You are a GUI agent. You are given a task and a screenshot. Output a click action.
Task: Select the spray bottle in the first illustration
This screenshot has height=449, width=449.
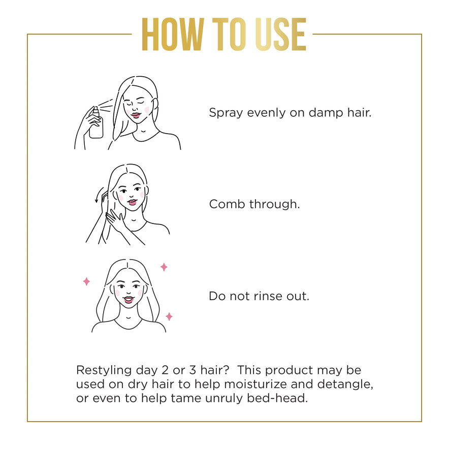[x=95, y=122]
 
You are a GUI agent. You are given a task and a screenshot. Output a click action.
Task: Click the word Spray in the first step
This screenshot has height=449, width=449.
[x=226, y=113]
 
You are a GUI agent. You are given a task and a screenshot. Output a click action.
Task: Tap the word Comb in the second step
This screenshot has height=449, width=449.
[x=227, y=204]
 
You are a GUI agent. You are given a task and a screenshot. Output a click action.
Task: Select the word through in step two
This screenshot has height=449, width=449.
[x=274, y=205]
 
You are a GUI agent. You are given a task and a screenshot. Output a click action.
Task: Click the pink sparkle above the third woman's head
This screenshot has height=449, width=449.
[x=164, y=267]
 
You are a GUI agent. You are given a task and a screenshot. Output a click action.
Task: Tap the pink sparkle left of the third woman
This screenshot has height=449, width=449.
[x=86, y=281]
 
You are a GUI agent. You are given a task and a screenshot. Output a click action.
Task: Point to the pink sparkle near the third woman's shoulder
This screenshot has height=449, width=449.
[x=169, y=317]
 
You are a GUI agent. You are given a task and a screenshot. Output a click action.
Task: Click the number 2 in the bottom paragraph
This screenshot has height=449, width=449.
[x=165, y=370]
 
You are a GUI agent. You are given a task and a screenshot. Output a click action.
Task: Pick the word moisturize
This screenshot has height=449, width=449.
[x=255, y=384]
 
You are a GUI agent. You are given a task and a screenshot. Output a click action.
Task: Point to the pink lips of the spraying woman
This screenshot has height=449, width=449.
[x=136, y=115]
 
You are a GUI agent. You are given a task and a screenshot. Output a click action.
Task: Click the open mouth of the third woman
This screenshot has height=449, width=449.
[x=129, y=300]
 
